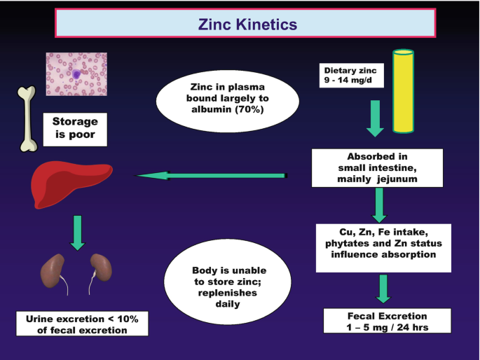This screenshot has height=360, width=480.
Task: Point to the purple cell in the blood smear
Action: tap(78, 74)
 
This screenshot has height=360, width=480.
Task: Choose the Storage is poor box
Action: tap(75, 128)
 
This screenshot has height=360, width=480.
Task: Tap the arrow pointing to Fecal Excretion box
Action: tap(383, 288)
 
